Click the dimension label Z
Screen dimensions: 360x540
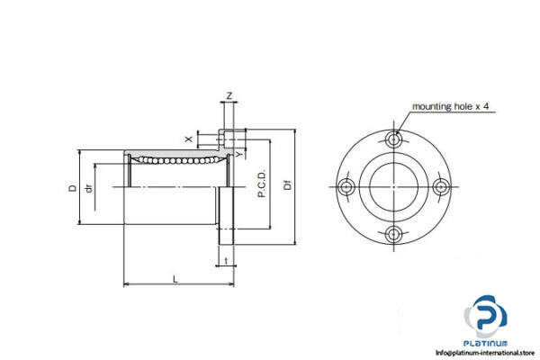pyautogui.click(x=229, y=94)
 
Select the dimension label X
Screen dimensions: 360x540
pyautogui.click(x=187, y=139)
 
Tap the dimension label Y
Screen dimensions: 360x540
pyautogui.click(x=238, y=154)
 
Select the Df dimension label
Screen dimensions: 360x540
pyautogui.click(x=286, y=187)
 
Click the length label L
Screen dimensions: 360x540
pyautogui.click(x=175, y=279)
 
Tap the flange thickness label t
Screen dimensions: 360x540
pyautogui.click(x=225, y=262)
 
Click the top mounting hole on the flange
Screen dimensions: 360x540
pyautogui.click(x=394, y=139)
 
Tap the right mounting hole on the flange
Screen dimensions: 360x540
pyautogui.click(x=441, y=186)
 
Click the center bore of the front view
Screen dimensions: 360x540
pyautogui.click(x=394, y=186)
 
